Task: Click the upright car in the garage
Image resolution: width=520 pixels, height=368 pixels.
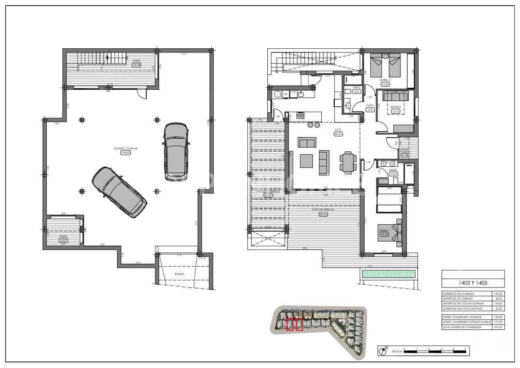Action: click(176, 151)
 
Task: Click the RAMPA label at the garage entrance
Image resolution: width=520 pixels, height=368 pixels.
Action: click(180, 274)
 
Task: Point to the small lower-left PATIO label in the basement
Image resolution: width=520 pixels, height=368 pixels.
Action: click(63, 236)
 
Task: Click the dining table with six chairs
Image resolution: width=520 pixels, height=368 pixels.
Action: click(347, 163)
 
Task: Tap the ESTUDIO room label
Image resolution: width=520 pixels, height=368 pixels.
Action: click(396, 107)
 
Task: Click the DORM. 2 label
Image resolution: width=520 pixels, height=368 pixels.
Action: click(385, 80)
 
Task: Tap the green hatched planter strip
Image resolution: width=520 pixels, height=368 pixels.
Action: click(388, 274)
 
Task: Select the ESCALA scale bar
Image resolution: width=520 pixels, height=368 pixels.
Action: click(435, 351)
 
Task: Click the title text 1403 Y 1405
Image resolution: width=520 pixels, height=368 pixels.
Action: click(473, 282)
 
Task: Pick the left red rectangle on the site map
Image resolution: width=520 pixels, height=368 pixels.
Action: click(289, 325)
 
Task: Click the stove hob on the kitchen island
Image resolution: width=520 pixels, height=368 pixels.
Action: click(300, 116)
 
